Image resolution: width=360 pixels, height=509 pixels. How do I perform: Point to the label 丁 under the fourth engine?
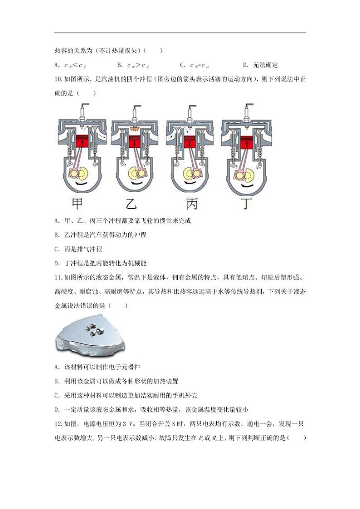tap(248, 204)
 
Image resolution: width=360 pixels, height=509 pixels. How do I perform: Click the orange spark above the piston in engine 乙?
tap(135, 129)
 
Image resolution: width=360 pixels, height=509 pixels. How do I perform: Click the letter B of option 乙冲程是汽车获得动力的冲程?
tap(56, 235)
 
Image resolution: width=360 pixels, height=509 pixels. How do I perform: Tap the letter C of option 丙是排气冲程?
tap(56, 249)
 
